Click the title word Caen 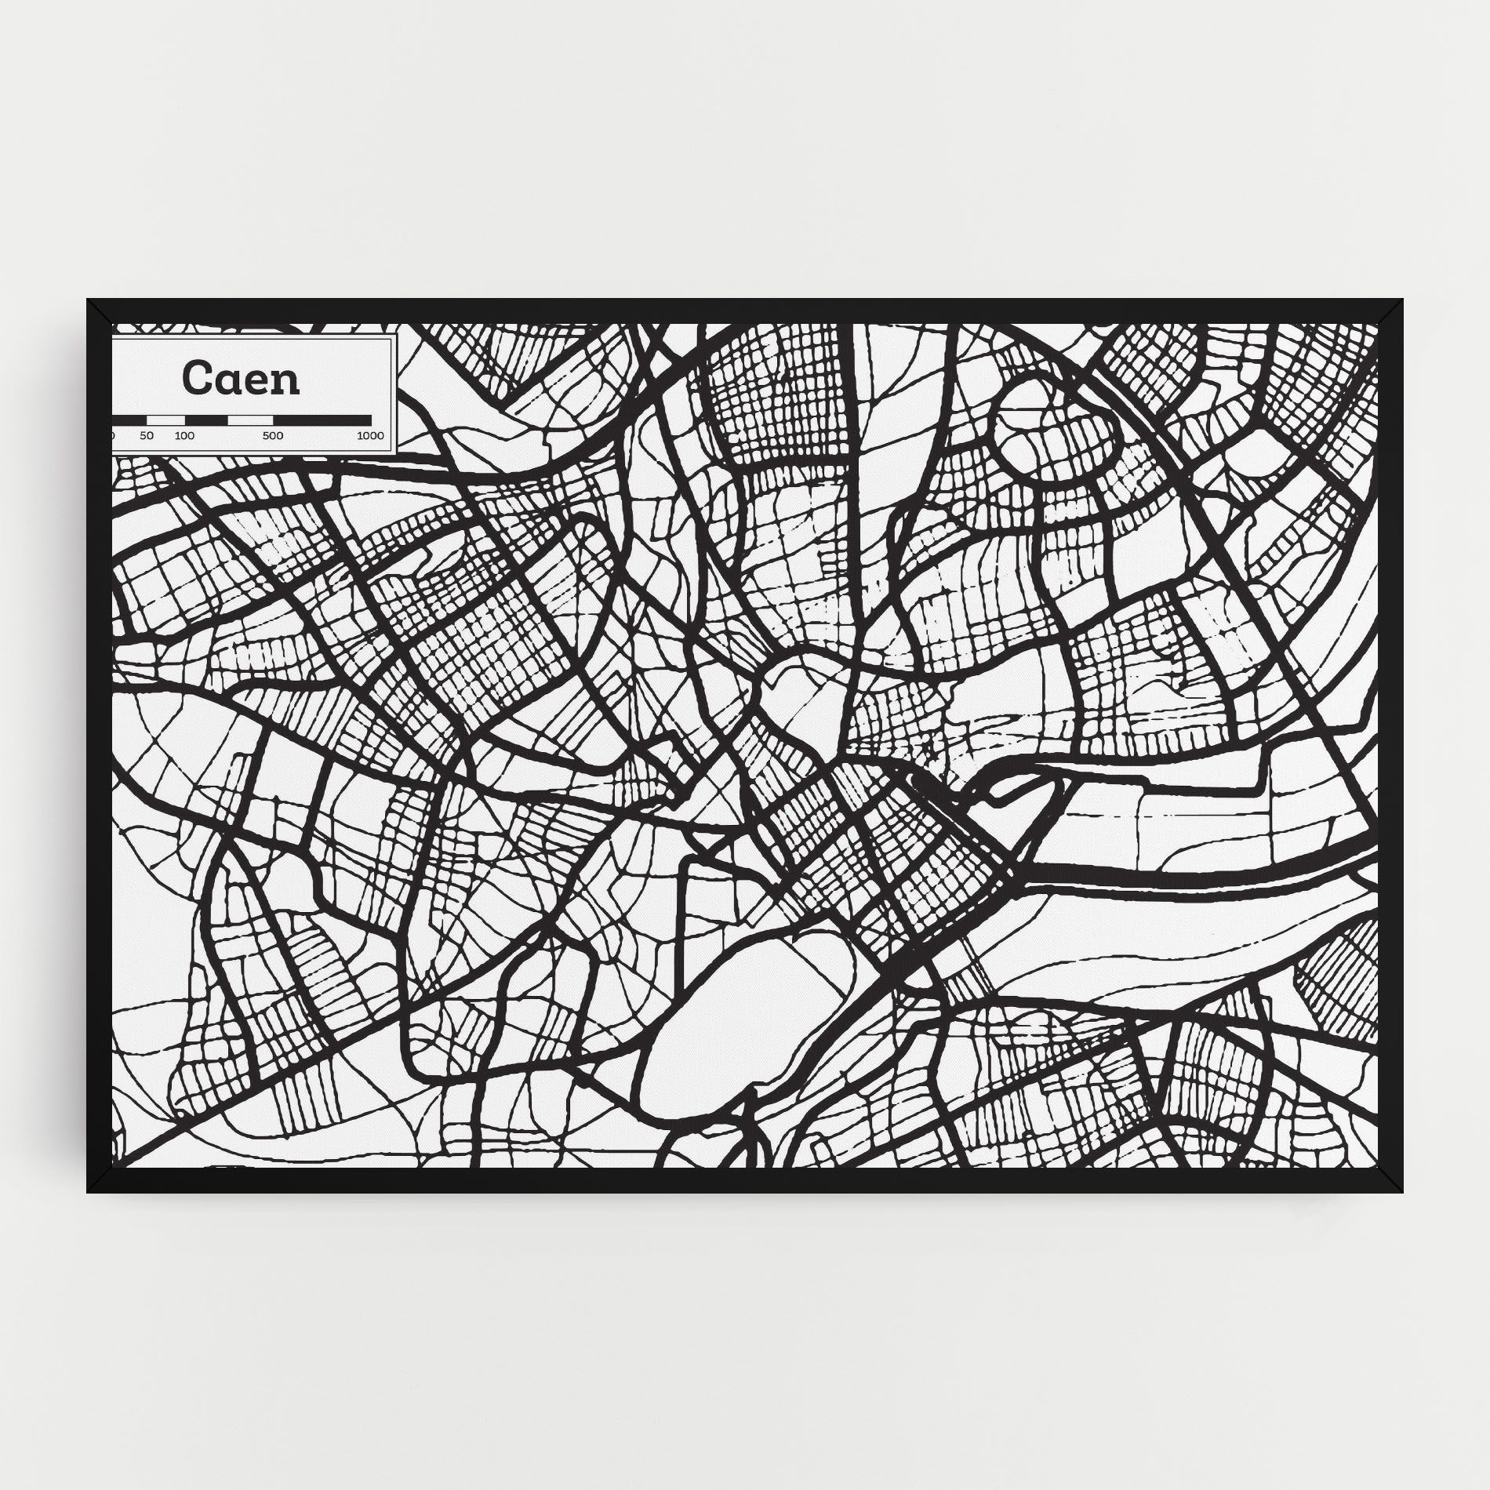click(241, 379)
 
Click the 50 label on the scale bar click(147, 436)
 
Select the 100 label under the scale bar click(184, 436)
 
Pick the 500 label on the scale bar click(273, 436)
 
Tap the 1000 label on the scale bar click(370, 436)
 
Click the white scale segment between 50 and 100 click(165, 420)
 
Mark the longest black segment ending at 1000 click(322, 420)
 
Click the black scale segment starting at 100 click(206, 420)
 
